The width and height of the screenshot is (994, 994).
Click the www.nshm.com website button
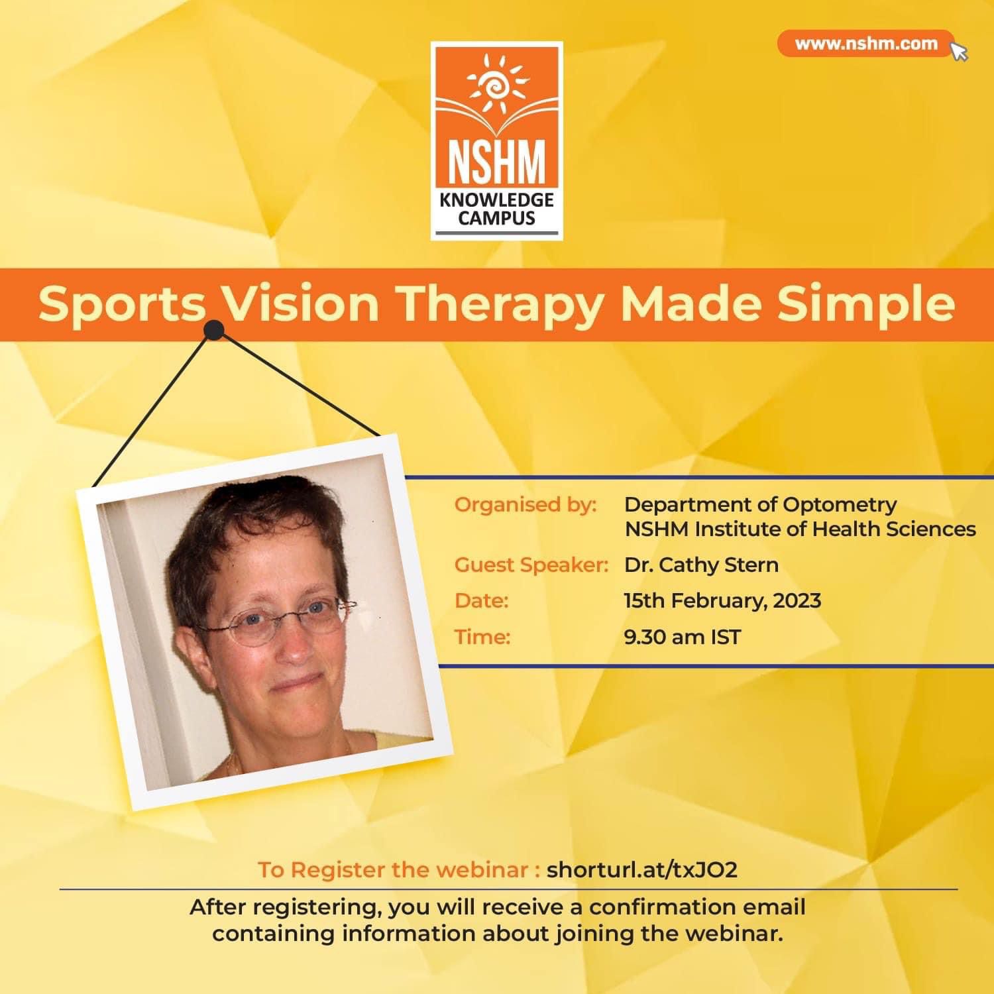(865, 44)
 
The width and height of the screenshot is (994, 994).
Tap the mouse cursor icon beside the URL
(960, 52)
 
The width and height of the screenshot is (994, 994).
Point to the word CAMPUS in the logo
(496, 218)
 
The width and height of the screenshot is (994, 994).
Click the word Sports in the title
(121, 304)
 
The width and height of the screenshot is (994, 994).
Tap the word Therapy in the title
(500, 304)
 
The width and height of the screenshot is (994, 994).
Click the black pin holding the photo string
(214, 329)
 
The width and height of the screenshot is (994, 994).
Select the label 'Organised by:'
(525, 505)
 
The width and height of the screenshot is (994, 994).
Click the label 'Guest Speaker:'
(531, 565)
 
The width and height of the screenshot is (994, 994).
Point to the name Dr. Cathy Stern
(701, 565)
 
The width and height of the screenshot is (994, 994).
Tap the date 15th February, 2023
(722, 601)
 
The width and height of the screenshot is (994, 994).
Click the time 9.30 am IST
(683, 637)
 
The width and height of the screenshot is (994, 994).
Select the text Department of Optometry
(760, 505)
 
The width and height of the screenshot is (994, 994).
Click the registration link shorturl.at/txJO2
(641, 869)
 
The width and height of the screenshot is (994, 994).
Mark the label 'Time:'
(482, 637)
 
